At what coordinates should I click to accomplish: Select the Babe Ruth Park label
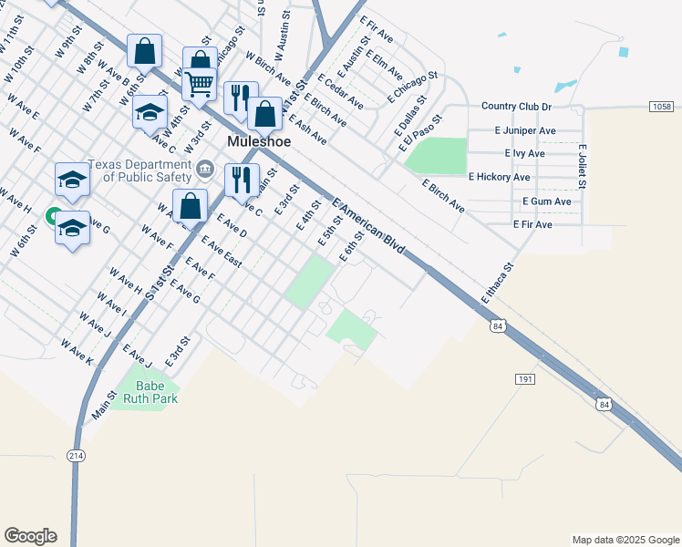click(150, 391)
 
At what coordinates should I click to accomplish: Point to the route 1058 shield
click(662, 107)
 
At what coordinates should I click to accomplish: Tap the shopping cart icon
click(199, 84)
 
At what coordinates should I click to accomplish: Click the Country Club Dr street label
click(517, 107)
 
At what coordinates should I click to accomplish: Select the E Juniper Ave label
click(525, 130)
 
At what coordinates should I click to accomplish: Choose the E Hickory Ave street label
click(499, 177)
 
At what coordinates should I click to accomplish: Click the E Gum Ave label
click(546, 201)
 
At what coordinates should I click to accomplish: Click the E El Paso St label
click(418, 132)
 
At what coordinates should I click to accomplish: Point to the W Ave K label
click(77, 353)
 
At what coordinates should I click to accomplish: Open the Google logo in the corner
click(30, 536)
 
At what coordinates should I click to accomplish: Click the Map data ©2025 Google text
click(625, 540)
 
